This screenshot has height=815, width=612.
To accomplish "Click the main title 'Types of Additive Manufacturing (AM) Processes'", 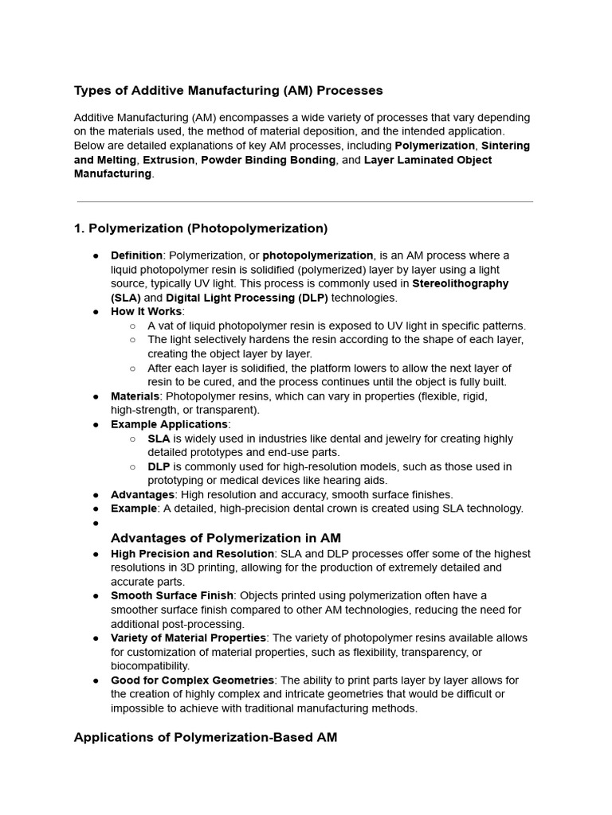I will coord(228,91).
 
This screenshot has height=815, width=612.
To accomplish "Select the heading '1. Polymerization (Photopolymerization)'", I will coord(200,228).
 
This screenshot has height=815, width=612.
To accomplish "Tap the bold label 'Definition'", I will coord(136,255).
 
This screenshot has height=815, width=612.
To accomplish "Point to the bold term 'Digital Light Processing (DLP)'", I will coord(246,298).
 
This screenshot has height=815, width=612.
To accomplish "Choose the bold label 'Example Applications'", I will coord(169,424).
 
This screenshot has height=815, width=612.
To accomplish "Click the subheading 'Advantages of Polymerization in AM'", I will coord(226,538).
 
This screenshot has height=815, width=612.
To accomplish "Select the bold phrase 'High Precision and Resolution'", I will coord(192,553).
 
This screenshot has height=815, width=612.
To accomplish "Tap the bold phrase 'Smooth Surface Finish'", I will coord(172,595).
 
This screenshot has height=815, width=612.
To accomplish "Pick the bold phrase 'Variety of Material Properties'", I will coord(188,638).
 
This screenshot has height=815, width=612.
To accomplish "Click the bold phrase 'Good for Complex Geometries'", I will coord(192,680).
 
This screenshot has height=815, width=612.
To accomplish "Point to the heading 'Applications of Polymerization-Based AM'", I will coord(206,738).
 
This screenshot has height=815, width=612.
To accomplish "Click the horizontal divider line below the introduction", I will coord(304,202).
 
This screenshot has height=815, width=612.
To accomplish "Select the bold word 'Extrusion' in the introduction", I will coord(168,160).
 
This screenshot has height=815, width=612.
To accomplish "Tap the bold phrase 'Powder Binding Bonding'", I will coord(268,160).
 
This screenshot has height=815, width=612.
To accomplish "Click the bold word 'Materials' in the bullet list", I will coord(135,396).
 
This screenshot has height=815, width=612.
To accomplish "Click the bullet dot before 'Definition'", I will coord(96,255).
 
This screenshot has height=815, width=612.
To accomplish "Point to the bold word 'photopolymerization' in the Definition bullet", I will coord(318,255).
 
